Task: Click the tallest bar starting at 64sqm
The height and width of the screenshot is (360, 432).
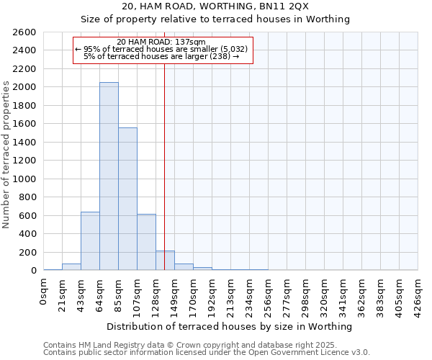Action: (x=109, y=176)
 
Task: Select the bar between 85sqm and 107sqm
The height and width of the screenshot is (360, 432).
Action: (x=127, y=199)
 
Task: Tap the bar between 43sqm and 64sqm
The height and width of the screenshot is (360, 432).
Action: (x=90, y=241)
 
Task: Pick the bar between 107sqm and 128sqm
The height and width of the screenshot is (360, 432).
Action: (x=146, y=242)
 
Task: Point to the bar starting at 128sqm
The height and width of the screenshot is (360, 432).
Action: (x=165, y=261)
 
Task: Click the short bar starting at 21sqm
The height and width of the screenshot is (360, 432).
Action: (x=71, y=267)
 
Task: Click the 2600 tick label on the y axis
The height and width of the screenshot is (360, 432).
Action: (x=24, y=32)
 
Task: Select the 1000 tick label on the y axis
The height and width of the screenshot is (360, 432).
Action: (x=24, y=179)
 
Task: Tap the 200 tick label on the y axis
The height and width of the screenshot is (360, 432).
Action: (x=27, y=252)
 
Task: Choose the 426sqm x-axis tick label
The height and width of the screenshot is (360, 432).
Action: (x=418, y=294)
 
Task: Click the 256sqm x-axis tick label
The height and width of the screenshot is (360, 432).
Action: (x=268, y=294)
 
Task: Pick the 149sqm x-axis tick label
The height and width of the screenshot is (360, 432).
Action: (x=174, y=294)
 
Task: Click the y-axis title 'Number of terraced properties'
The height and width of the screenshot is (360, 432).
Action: (x=6, y=155)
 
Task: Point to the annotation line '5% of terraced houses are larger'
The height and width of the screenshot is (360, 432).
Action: (x=161, y=55)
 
